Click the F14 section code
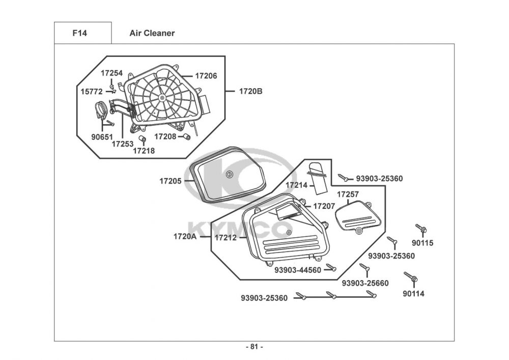pos(80,33)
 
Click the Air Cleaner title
pos(152,33)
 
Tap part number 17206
pos(206,76)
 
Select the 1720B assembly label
pos(251,92)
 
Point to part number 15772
pos(92,92)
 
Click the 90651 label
pos(103,136)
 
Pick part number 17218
pos(144,150)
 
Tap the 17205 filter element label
pos(171,181)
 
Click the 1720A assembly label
pos(185,237)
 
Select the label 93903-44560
pos(298,270)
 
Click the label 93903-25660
pos(365,283)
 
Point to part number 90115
pos(422,243)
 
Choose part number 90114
pos(413,293)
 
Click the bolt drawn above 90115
pos(421,229)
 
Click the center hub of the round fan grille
pos(162,97)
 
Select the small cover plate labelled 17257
pos(358,216)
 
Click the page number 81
pos(254,347)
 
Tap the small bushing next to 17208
pos(187,136)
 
